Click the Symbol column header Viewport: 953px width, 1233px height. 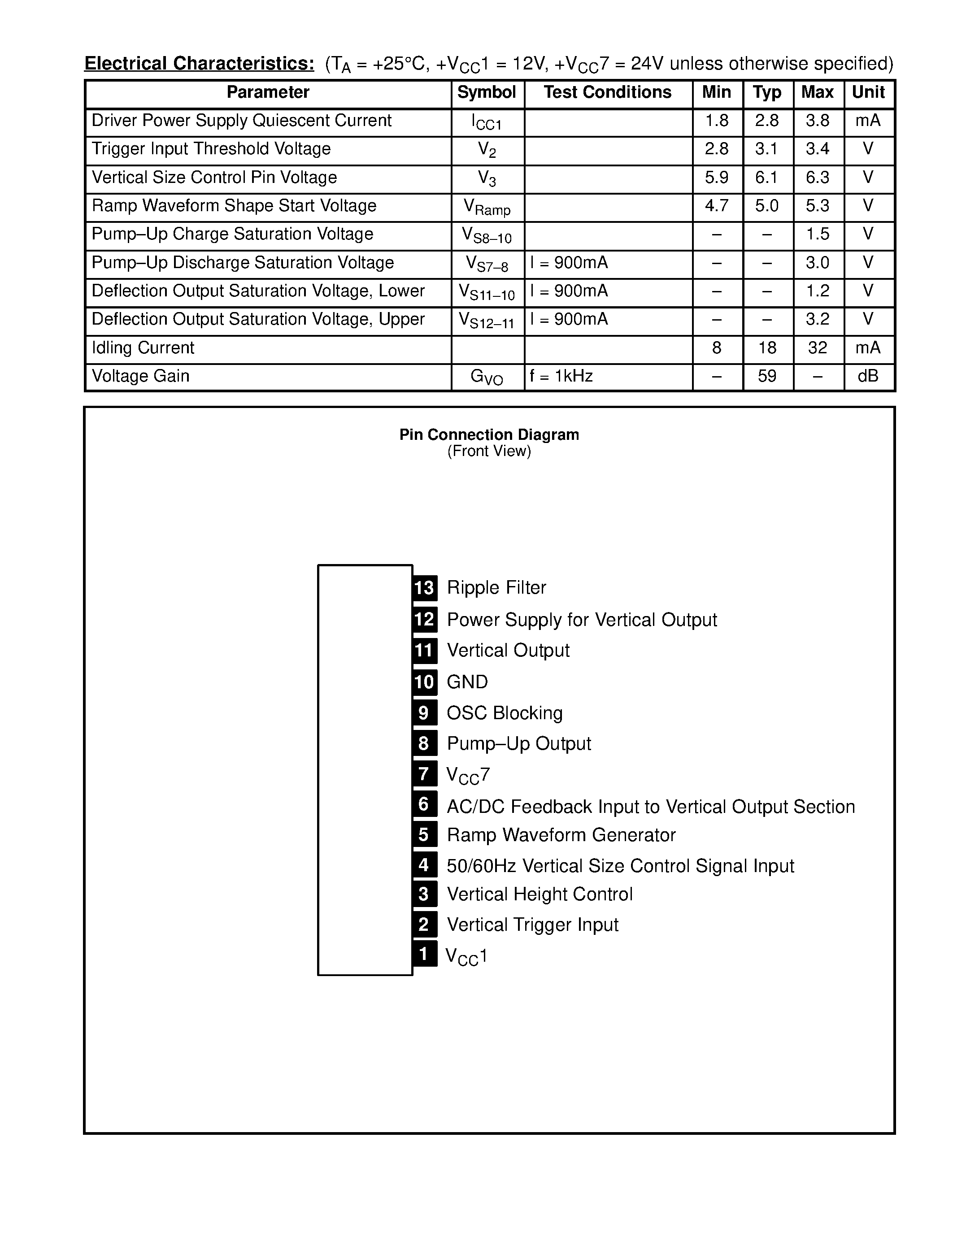click(x=486, y=93)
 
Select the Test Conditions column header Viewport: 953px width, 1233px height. click(x=608, y=93)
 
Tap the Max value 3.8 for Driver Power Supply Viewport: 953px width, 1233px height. click(x=818, y=121)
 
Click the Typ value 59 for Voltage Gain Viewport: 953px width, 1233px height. click(x=767, y=377)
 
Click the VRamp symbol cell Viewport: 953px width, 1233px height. click(x=487, y=207)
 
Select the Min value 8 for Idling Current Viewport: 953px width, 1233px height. click(x=717, y=348)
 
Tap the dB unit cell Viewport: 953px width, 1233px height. click(x=868, y=377)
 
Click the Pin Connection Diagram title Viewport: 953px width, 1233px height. click(x=489, y=435)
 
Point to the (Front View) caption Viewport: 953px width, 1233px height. click(x=489, y=452)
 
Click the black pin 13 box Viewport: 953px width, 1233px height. click(x=425, y=588)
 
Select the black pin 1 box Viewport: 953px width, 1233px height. click(x=425, y=954)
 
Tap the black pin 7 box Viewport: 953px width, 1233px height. click(x=425, y=774)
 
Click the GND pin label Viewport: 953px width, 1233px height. click(x=467, y=682)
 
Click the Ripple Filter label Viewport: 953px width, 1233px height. click(x=496, y=588)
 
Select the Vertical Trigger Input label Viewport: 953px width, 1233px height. click(x=532, y=925)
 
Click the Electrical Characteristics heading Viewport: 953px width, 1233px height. click(x=199, y=64)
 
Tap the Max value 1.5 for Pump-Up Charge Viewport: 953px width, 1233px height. click(x=818, y=235)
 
